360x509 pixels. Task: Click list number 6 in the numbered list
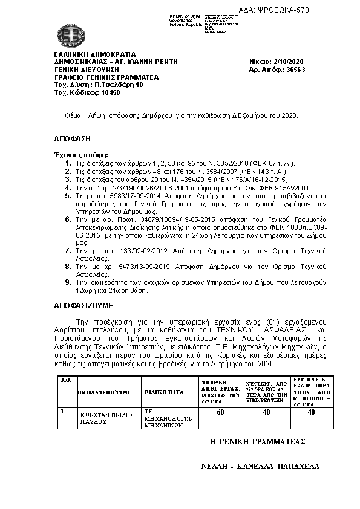click(x=68, y=219)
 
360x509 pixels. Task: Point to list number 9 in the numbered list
click(x=68, y=282)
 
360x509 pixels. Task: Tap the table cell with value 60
click(x=220, y=412)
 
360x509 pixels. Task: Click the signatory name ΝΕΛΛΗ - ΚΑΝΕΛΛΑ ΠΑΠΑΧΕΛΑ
click(x=260, y=467)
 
